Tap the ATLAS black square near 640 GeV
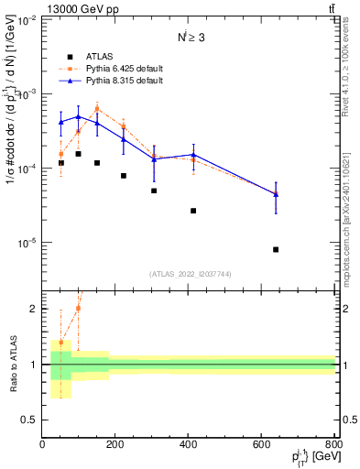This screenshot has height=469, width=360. tap(276, 249)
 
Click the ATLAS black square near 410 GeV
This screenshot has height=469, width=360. tap(193, 211)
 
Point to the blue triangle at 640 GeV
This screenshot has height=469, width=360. tap(276, 194)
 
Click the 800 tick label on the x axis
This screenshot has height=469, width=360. tap(334, 446)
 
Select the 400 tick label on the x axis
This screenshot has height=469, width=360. tap(189, 446)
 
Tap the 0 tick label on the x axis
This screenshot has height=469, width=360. tap(43, 446)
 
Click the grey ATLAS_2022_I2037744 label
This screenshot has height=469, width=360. tap(189, 274)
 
